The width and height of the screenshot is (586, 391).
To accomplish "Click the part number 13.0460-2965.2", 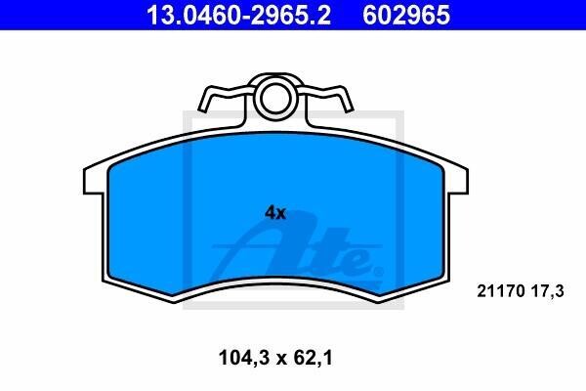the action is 238,16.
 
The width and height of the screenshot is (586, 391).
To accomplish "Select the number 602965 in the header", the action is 406,16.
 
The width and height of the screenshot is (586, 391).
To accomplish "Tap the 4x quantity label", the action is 275,213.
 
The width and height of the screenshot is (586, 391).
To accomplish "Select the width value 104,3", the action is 243,358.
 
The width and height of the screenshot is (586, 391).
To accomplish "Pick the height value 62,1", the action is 313,358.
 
